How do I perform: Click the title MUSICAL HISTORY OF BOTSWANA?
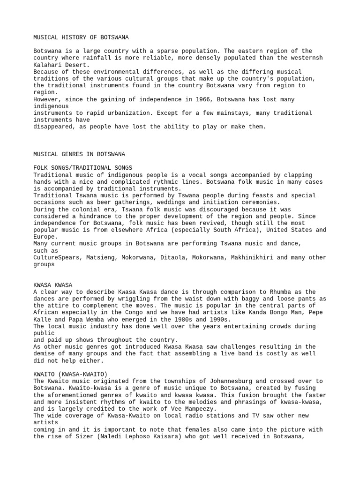81,37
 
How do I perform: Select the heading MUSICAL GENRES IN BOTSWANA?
79,154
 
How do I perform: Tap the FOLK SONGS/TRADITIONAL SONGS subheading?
83,167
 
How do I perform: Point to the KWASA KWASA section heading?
53,285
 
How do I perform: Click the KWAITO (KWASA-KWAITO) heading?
70,374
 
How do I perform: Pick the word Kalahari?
48,65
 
